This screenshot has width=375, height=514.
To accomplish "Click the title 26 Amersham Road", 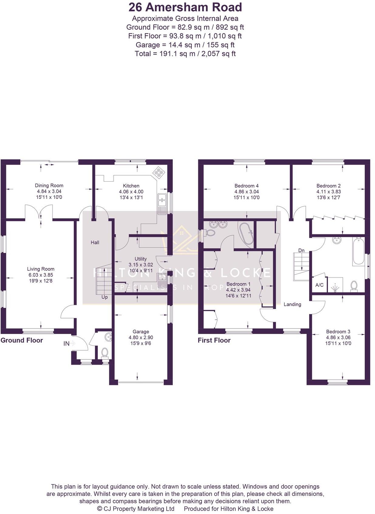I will coord(185,7).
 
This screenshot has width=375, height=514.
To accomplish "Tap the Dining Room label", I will coord(49,186).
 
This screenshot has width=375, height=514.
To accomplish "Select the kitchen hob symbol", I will coord(159,172).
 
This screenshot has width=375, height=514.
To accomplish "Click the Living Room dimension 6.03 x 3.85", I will coord(41,275).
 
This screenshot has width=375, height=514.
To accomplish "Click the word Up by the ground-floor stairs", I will coord(104,297).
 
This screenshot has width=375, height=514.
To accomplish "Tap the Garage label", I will coord(141,332).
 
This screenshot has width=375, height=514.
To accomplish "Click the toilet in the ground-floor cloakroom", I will coord(105,352).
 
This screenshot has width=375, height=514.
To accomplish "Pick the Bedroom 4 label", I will coord(246,186).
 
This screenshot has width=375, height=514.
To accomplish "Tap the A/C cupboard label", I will coord(319,285).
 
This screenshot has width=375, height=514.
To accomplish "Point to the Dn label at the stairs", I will coord(301,250).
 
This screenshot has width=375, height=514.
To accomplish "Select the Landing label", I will coord(292,304).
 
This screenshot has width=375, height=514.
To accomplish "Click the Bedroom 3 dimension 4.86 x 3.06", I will coord(338,337).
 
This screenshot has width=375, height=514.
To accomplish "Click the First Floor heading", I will coord(214,340).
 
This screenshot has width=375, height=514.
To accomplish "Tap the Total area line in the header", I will coord(185,54).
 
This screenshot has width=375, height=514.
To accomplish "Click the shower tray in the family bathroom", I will coord(335,286).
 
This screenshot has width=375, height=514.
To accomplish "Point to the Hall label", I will coord(95,242).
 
